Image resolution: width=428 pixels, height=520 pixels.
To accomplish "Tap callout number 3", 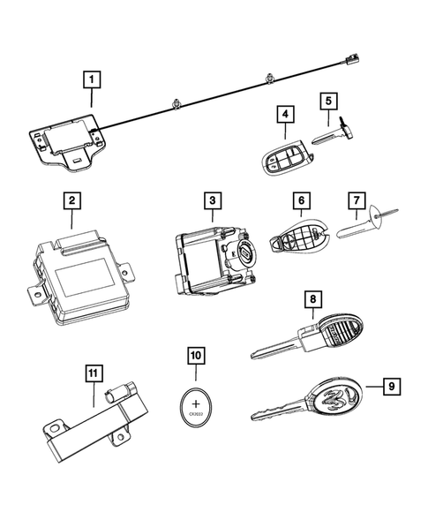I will tap(212, 201).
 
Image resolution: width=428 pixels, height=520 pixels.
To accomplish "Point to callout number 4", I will tap(284, 114).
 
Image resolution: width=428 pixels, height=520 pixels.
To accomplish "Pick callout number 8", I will tap(311, 300).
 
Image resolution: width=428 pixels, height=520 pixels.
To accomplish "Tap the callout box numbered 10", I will tap(195, 356).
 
